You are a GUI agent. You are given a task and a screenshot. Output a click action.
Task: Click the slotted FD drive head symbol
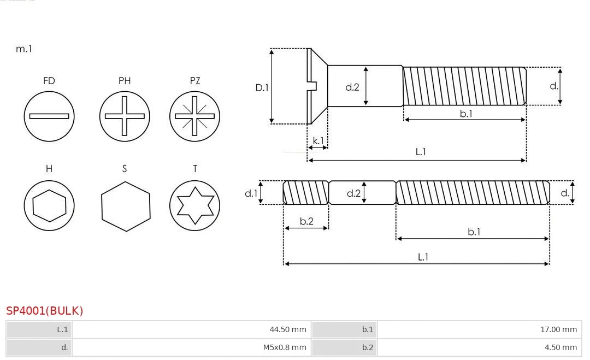(x=49, y=116)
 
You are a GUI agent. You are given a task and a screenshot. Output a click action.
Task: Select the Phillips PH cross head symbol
(x=125, y=116)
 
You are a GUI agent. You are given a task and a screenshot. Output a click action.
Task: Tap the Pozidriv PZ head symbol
(x=194, y=116)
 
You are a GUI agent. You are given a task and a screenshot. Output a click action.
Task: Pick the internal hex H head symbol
(x=49, y=205)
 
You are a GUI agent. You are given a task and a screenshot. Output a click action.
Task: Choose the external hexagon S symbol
(x=125, y=205)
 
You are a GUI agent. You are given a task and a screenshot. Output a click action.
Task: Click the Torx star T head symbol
(x=194, y=205)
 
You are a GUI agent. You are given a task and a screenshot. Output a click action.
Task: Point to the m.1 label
(x=24, y=49)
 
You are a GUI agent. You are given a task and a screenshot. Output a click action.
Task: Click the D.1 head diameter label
(x=262, y=87)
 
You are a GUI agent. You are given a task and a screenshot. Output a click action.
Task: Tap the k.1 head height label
(x=317, y=141)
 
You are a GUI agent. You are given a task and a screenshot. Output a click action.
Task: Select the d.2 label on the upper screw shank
(x=352, y=87)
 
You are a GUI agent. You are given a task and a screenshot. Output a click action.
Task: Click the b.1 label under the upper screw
(x=465, y=114)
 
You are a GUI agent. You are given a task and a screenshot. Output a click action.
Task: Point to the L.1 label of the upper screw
(x=421, y=152)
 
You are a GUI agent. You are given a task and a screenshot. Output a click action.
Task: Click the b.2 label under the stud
(x=306, y=221)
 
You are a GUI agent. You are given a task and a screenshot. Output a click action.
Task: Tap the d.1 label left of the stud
(x=250, y=193)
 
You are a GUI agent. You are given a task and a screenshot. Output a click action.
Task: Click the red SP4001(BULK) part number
(x=45, y=311)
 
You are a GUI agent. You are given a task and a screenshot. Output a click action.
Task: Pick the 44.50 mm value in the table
(x=288, y=329)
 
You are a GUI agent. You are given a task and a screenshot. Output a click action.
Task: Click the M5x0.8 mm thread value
(x=285, y=347)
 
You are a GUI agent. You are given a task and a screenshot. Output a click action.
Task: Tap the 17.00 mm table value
(x=558, y=329)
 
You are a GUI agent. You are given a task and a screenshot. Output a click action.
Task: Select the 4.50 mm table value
(x=560, y=347)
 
